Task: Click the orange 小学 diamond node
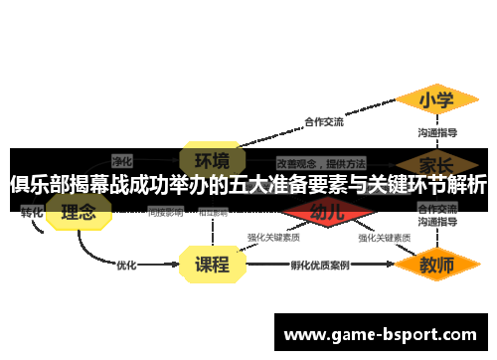tap(436, 100)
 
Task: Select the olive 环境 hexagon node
tap(211, 160)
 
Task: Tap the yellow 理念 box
tap(79, 212)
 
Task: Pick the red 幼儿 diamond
tap(327, 212)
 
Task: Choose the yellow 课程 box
tap(211, 265)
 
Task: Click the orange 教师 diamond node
tap(436, 265)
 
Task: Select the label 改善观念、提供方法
tap(321, 161)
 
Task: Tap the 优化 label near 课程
tap(126, 266)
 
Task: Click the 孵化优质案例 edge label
tap(320, 266)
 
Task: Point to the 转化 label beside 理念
tap(32, 212)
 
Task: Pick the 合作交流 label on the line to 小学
tap(323, 122)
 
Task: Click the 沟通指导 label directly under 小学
tap(436, 131)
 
